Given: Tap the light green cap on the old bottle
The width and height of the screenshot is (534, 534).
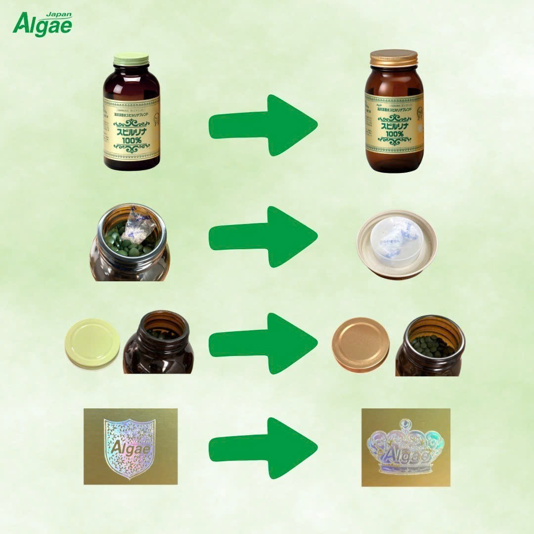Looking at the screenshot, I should coord(131,59).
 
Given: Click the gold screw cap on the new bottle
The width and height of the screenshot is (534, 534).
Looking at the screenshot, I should coord(394,58).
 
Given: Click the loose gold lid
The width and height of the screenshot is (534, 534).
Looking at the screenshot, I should coord(360,344).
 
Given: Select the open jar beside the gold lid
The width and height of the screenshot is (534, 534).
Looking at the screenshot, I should coord(430,346).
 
